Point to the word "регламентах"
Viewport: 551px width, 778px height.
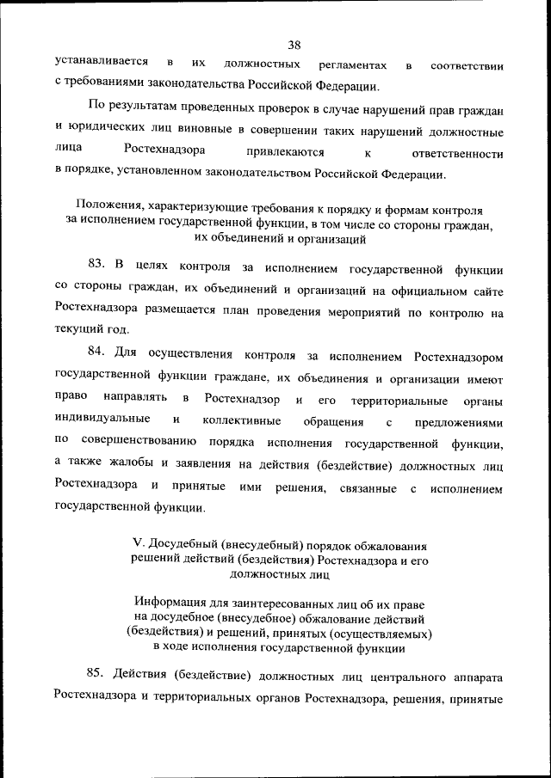[x=355, y=65]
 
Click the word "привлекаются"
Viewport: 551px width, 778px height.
[x=284, y=153]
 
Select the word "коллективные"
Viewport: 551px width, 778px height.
[x=241, y=421]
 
